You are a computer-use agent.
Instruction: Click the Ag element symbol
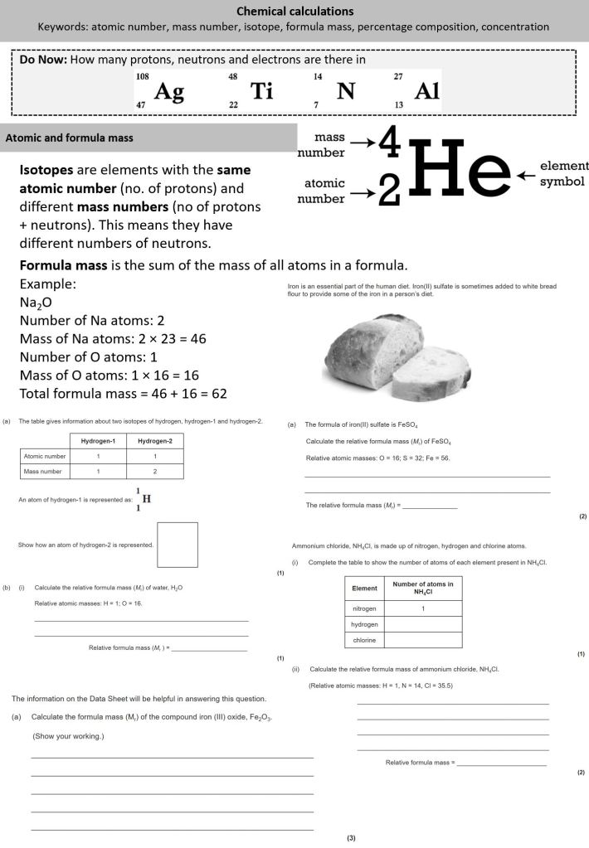(168, 92)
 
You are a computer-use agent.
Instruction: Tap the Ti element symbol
(261, 92)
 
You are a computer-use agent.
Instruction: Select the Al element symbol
(426, 92)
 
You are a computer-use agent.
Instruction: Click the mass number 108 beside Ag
(142, 76)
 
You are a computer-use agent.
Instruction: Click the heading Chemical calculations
(294, 12)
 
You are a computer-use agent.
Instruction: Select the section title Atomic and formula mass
(70, 138)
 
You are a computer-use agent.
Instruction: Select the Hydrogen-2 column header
(155, 441)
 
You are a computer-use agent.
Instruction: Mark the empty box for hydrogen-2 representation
(178, 544)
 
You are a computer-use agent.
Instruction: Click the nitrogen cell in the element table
(364, 608)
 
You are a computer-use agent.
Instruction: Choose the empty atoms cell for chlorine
(423, 640)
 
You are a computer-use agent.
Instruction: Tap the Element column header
(364, 589)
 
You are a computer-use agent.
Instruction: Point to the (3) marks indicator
(351, 838)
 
